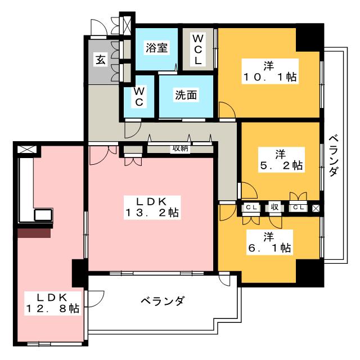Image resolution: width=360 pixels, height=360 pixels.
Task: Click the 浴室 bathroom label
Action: click(x=156, y=48)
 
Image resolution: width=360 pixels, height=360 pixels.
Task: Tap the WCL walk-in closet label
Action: click(x=197, y=50)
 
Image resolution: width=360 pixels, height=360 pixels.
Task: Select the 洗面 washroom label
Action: click(x=186, y=95)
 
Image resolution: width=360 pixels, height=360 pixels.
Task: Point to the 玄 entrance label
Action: click(x=101, y=60)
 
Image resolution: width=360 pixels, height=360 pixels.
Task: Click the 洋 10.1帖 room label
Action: click(x=270, y=71)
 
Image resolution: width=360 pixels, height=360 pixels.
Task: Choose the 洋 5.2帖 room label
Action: click(x=281, y=160)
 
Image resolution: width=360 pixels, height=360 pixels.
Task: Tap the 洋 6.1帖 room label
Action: click(x=269, y=242)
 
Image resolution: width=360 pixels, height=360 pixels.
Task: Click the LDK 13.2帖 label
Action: click(x=152, y=208)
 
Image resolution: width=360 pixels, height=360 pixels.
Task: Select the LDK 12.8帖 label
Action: click(x=53, y=303)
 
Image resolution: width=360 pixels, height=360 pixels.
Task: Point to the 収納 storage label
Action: click(x=181, y=148)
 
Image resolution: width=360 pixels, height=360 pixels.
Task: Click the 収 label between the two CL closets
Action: click(x=274, y=208)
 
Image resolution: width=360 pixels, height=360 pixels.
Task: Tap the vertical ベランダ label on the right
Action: click(x=334, y=156)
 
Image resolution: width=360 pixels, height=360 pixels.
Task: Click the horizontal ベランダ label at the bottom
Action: click(x=163, y=301)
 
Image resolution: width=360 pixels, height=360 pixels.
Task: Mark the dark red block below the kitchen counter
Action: click(x=34, y=233)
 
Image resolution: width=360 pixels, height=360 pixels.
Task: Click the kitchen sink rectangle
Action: click(x=43, y=215)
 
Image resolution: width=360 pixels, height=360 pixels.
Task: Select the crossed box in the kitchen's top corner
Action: click(x=27, y=150)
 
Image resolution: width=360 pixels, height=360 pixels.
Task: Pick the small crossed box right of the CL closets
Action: click(x=316, y=208)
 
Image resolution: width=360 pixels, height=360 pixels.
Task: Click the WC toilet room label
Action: click(x=139, y=97)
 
